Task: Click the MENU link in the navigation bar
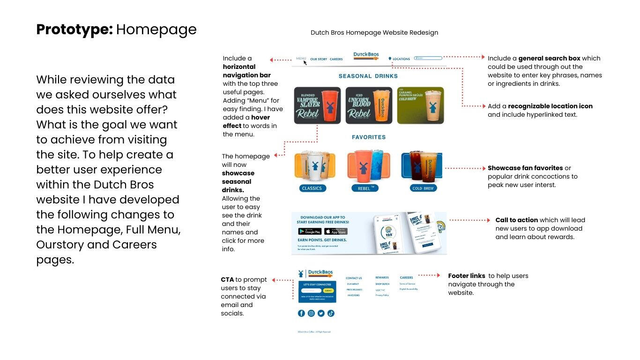[301, 59]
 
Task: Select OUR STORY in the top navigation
[319, 60]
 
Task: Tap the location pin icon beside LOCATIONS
[390, 59]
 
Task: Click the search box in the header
[428, 58]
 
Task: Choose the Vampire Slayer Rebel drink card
[318, 105]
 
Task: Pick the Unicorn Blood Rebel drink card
[369, 105]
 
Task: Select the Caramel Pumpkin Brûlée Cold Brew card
[420, 105]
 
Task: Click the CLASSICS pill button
[312, 188]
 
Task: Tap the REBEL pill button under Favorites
[365, 188]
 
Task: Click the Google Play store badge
[310, 232]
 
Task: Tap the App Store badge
[336, 232]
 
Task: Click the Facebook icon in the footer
[301, 313]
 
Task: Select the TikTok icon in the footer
[331, 313]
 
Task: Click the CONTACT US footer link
[354, 278]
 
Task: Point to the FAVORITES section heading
[369, 137]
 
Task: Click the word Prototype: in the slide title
[74, 30]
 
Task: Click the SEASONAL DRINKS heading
[368, 76]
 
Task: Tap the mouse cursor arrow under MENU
[305, 62]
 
